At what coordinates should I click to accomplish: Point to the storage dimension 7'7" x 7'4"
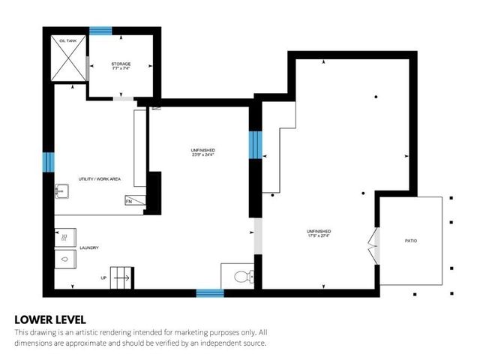[121, 70]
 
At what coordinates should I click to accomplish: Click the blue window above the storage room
[100, 31]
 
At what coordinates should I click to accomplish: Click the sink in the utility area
[62, 193]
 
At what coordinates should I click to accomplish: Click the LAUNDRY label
[89, 247]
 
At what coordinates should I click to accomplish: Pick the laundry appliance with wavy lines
[64, 236]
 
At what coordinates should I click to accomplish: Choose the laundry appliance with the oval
[64, 259]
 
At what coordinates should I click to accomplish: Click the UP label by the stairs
[103, 278]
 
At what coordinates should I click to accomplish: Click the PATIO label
[411, 241]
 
